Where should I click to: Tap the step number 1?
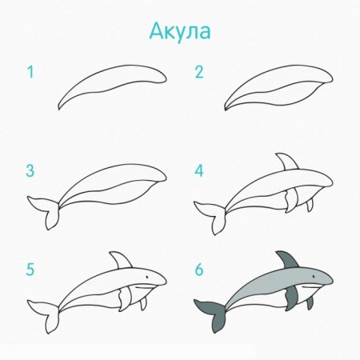pos(30,73)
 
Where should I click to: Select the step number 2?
pos(199,73)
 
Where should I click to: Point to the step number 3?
pos(30,170)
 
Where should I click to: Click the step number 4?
pos(199,170)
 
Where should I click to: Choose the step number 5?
pos(30,270)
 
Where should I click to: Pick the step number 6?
pos(199,270)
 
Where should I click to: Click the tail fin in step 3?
pos(44,212)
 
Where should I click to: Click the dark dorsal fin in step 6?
pos(286,261)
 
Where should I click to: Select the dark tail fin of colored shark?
pos(210,314)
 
